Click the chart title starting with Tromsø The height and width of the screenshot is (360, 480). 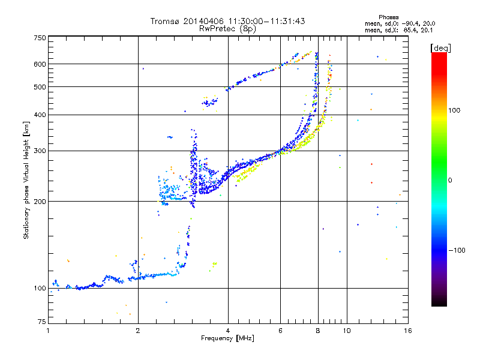point(227,21)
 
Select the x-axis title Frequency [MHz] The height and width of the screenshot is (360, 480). point(227,338)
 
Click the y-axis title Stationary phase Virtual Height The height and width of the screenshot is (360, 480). point(26,180)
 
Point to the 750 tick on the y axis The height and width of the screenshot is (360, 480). point(40,37)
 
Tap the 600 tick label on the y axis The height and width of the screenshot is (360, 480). point(40,64)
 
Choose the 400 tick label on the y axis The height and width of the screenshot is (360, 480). point(40,115)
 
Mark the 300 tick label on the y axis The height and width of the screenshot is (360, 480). point(40,151)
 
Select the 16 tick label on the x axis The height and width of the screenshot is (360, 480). point(407,331)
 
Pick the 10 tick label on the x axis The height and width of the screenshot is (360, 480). point(346,331)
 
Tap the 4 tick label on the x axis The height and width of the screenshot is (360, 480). point(228,331)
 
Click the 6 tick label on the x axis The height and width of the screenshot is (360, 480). point(280,331)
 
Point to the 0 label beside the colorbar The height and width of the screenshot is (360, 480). point(450,180)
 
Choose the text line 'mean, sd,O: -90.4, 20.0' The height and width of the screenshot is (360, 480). point(400,23)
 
